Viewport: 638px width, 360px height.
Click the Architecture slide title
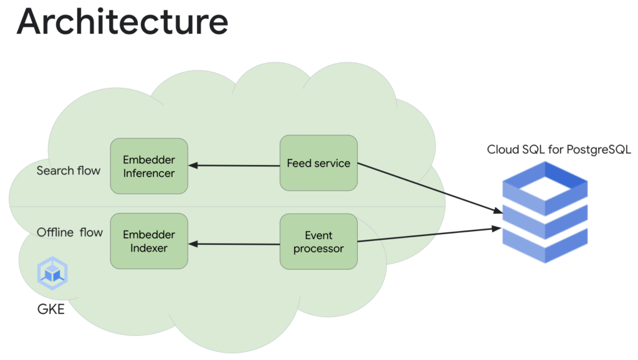122,22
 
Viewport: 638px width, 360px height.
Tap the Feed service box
318,163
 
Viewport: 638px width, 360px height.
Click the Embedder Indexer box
149,241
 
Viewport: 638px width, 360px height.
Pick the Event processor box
318,242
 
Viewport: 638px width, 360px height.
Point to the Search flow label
69,171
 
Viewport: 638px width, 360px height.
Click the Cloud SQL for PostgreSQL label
559,149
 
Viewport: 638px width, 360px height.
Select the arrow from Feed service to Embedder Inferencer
234,166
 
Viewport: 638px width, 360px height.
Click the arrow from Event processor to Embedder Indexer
234,244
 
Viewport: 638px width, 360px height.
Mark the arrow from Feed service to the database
430,189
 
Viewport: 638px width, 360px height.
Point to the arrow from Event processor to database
430,235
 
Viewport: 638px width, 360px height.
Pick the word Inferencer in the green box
149,173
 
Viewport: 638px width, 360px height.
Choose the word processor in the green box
318,249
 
